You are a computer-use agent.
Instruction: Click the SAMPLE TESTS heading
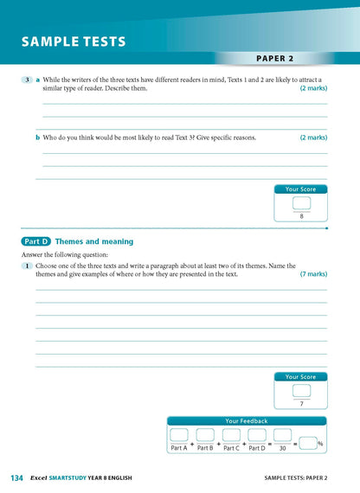74,42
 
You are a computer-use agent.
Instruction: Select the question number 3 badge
28,80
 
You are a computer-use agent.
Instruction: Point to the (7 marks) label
313,273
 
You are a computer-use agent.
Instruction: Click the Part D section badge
35,241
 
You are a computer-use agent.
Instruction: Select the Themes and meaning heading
94,241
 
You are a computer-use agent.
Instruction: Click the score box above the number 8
301,203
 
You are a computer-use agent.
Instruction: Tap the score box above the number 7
301,390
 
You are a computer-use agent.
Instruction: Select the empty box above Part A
179,435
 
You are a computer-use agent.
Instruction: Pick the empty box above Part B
205,435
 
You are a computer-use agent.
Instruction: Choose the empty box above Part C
231,435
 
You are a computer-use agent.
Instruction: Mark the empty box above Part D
257,435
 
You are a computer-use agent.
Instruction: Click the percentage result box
307,443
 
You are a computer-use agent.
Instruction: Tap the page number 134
17,478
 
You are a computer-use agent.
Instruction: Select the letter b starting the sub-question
37,137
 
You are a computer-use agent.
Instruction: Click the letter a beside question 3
37,80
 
